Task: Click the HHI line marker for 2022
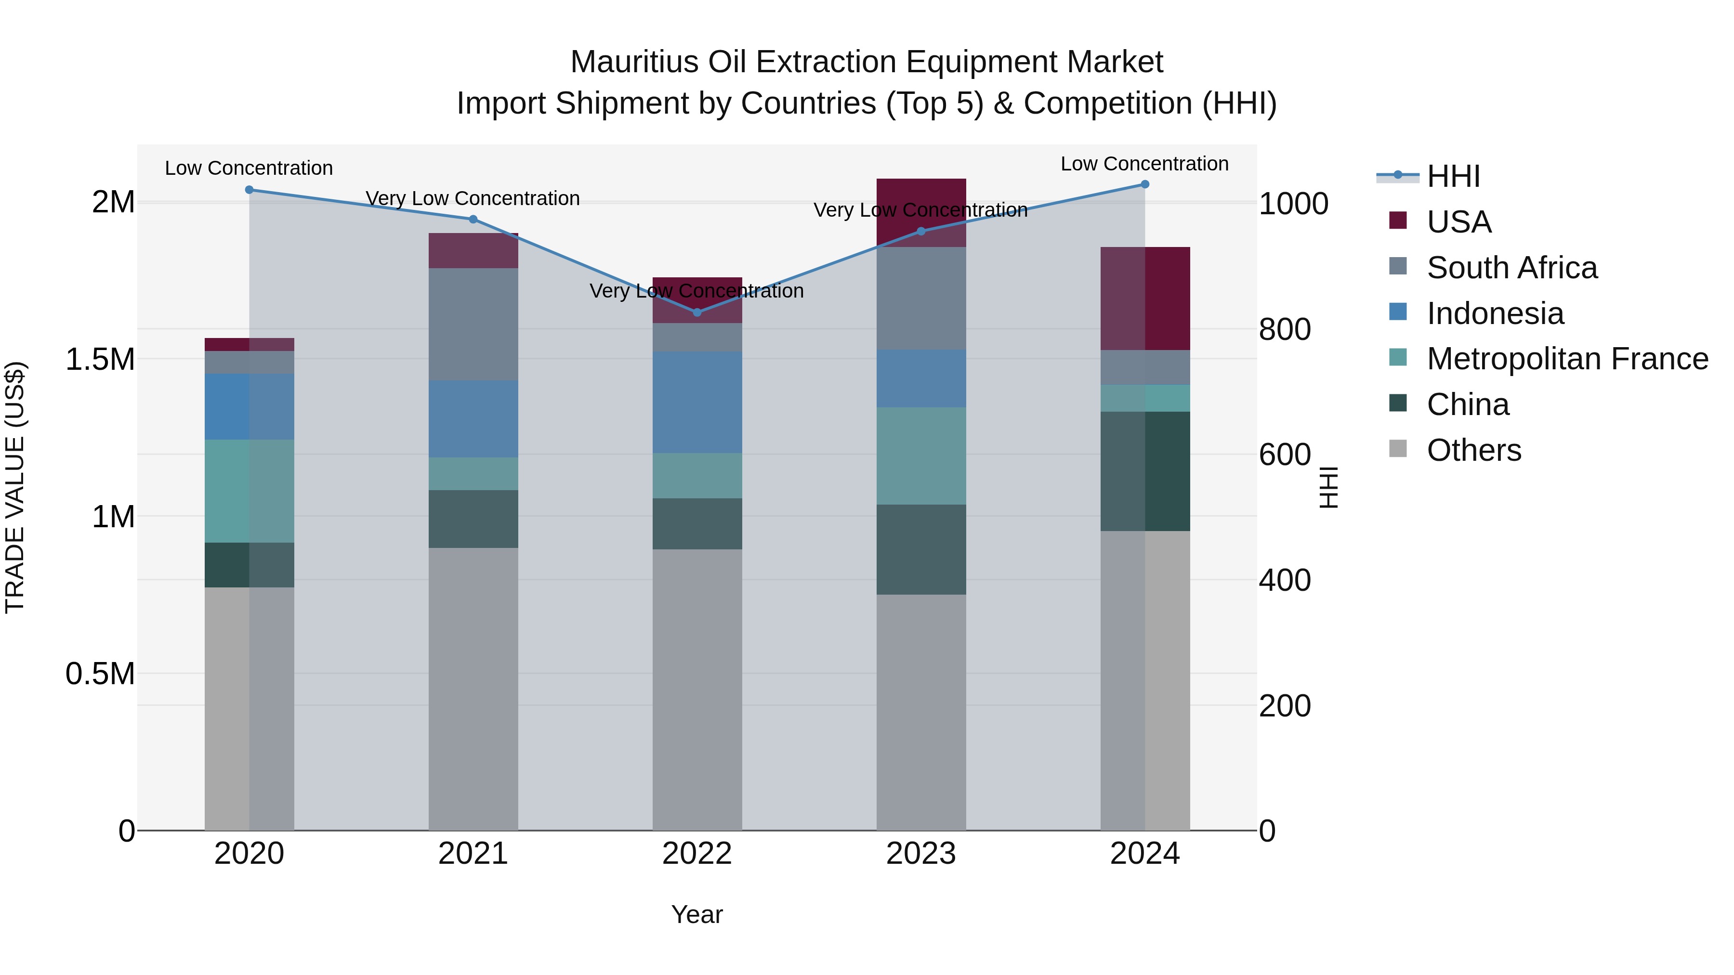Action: coord(696,312)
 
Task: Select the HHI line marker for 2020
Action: coord(249,190)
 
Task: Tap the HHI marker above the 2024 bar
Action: coord(1145,184)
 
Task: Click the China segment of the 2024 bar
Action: coord(1145,471)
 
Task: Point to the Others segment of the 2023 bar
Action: coord(921,712)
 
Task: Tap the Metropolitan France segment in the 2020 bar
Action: coord(249,491)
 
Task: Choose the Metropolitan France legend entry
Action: coord(1567,359)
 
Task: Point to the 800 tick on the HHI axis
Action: coord(1284,330)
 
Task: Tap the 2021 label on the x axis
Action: coord(473,854)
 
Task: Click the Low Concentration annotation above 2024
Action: coord(1144,164)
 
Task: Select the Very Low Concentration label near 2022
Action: coord(696,291)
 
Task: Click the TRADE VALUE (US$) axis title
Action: coord(15,487)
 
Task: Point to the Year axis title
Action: coord(696,914)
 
